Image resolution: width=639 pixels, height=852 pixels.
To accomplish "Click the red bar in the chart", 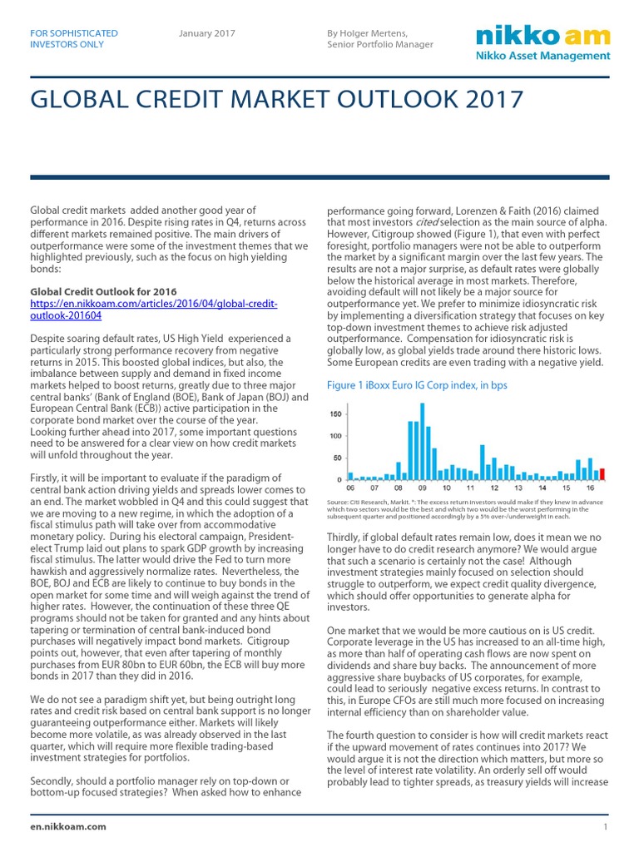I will (602, 474).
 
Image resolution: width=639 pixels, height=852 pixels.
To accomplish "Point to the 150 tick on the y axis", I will (336, 414).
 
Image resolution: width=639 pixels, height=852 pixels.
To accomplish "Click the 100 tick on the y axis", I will (336, 436).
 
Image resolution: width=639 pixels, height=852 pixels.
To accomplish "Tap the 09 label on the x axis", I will (423, 488).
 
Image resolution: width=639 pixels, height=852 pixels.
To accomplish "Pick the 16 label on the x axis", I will (589, 488).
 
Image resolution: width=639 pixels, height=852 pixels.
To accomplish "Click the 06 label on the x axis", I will (350, 488).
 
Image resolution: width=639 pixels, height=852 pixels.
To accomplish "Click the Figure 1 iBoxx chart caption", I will (417, 385).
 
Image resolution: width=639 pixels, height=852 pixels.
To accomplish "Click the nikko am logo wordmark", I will (542, 36).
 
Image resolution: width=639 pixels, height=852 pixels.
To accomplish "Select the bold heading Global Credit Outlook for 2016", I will (103, 292).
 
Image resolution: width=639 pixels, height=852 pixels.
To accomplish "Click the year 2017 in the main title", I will (492, 100).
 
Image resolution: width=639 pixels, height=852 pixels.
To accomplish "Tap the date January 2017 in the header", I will (207, 33).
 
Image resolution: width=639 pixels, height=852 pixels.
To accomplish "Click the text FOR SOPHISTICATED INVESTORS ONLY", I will (73, 38).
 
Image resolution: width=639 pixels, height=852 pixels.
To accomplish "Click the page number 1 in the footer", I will (606, 827).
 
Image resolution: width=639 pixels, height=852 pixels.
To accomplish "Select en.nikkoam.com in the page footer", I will (68, 827).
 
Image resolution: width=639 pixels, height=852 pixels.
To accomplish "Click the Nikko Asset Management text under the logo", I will (542, 56).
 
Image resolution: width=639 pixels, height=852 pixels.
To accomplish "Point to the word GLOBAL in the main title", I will (73, 100).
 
